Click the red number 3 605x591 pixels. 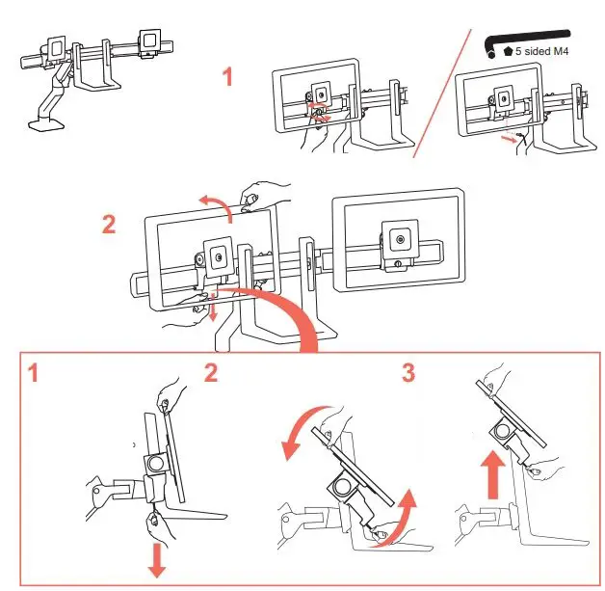[x=408, y=372]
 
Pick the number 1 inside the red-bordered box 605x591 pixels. [x=33, y=372]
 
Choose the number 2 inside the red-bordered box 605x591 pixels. [x=211, y=372]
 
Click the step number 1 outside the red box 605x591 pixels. [x=227, y=77]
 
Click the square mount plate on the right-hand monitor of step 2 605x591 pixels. [x=398, y=237]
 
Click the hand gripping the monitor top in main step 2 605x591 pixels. [x=254, y=191]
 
